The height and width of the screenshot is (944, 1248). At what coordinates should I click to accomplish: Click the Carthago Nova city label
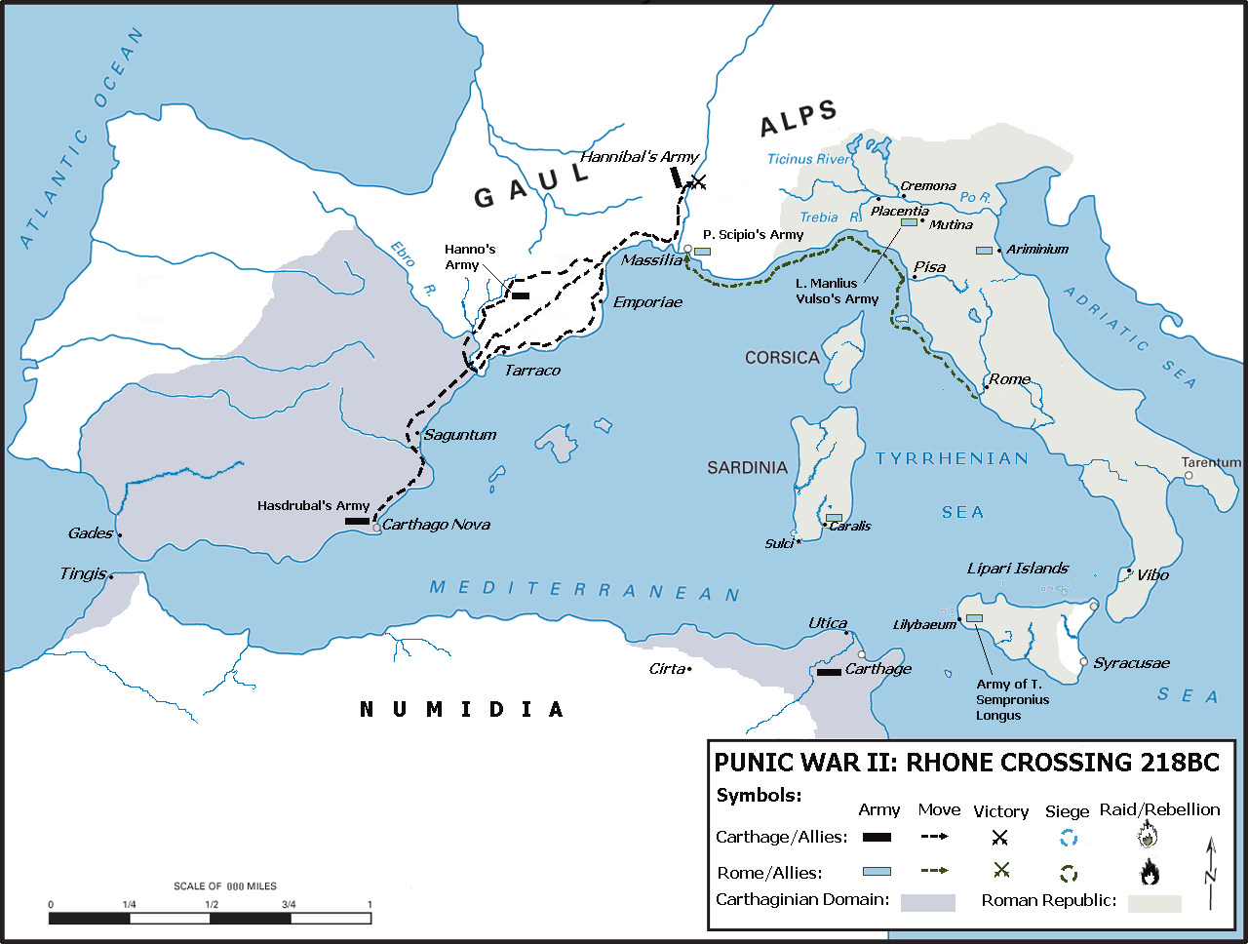436,525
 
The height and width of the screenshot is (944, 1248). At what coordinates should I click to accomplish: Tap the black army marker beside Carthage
829,672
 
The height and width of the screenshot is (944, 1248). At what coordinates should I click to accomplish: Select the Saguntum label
460,435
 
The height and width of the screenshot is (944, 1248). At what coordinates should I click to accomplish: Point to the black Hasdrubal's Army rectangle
357,522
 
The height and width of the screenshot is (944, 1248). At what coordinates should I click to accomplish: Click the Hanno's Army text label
470,257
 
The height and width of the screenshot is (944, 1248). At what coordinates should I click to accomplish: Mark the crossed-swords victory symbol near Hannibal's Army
696,181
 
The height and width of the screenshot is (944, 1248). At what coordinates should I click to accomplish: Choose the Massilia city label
651,260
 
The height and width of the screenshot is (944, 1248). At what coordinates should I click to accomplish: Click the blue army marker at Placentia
909,222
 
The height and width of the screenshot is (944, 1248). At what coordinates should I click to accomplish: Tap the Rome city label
1010,379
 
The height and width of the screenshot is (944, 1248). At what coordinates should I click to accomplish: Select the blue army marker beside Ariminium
984,251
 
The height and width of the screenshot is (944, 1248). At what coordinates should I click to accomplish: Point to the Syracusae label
1131,663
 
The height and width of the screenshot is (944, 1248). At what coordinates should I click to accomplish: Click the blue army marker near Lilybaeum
974,618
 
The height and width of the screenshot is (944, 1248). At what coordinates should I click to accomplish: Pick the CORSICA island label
782,358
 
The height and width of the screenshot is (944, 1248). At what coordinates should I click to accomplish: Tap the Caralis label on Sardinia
850,527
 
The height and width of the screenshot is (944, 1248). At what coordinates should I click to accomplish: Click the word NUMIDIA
462,710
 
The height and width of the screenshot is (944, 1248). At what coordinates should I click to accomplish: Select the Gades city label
91,533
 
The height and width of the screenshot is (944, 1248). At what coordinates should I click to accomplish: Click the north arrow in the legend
1210,873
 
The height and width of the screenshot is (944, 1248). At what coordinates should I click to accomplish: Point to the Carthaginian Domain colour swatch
927,902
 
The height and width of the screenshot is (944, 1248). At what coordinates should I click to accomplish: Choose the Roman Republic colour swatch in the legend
1154,903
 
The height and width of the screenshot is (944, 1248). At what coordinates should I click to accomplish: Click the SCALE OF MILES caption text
225,886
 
